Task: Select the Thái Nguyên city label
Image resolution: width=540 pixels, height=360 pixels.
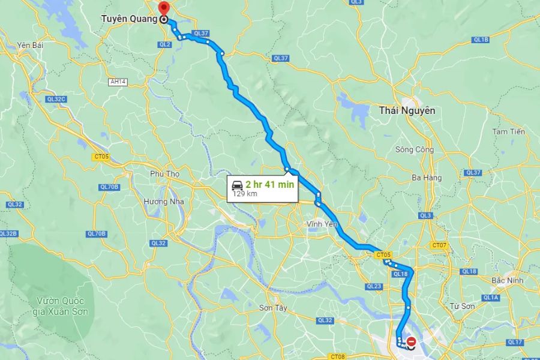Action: (x=407, y=110)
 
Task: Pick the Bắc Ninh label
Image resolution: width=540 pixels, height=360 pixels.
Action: (x=508, y=280)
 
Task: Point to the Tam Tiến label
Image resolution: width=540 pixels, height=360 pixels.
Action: (x=508, y=131)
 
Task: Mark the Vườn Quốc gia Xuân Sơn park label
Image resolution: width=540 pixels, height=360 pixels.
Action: (x=62, y=306)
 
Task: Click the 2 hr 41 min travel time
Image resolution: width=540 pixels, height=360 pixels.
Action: (x=269, y=184)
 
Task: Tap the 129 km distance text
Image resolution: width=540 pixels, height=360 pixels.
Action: (x=244, y=194)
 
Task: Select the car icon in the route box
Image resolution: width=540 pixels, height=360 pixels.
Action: (x=238, y=184)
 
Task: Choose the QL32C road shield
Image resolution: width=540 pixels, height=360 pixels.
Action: (x=55, y=99)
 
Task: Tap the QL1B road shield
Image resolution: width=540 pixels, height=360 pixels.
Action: (x=482, y=40)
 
